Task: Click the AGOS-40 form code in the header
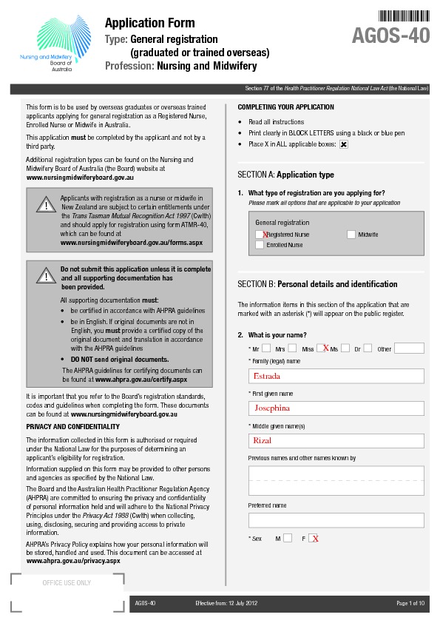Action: (390, 35)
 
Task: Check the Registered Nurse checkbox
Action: (260, 235)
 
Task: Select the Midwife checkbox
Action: (351, 235)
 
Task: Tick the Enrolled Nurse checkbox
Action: (260, 245)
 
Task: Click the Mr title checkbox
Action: (266, 348)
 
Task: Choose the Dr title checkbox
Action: (368, 348)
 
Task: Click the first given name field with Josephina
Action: (336, 408)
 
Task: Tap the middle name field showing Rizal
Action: (336, 441)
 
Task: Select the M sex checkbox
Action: (288, 539)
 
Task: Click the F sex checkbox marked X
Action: (314, 539)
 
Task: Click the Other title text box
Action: (409, 348)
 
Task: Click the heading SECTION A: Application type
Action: (285, 175)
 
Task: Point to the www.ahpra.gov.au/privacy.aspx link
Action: (73, 561)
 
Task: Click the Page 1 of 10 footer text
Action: (410, 604)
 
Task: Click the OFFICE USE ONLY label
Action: (67, 583)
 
